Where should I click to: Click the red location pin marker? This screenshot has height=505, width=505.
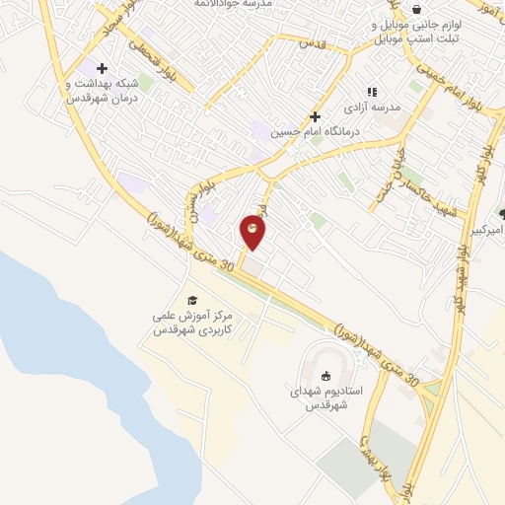click(x=253, y=232)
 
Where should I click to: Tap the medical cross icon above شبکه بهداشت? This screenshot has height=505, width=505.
click(x=101, y=67)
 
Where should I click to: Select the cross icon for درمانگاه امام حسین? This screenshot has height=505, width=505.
click(x=315, y=115)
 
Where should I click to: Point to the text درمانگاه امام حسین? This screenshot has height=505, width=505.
click(x=317, y=132)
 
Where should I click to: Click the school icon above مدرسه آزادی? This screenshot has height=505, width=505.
click(x=371, y=92)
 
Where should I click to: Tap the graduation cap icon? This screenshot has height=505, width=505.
click(x=191, y=300)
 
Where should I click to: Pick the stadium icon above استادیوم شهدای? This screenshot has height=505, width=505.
click(x=326, y=375)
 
